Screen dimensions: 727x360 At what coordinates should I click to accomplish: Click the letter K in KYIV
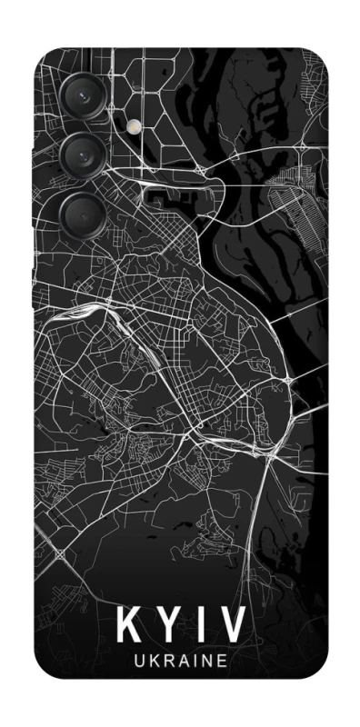(x=129, y=627)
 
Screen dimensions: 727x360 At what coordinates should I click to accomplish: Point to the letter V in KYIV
(x=231, y=627)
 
